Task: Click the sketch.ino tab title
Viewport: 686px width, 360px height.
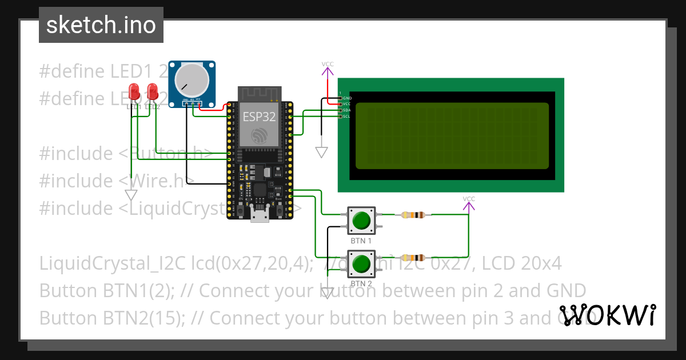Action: (x=101, y=25)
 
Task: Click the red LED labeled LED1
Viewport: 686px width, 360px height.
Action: (x=134, y=91)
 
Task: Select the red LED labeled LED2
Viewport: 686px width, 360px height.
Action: (x=153, y=91)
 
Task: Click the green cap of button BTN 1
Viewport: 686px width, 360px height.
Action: (x=361, y=221)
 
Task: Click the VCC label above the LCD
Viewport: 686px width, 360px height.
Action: (x=328, y=64)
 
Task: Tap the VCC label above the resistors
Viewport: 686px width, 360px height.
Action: (x=469, y=199)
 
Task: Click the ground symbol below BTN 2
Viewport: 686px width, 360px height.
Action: (x=327, y=293)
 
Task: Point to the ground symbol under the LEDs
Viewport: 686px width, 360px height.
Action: (x=131, y=195)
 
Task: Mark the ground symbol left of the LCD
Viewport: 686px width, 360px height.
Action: (x=322, y=153)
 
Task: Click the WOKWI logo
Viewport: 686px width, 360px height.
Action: (x=607, y=315)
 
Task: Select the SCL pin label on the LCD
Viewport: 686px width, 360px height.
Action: (x=346, y=117)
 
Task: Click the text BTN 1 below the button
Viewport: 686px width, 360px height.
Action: (x=361, y=241)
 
